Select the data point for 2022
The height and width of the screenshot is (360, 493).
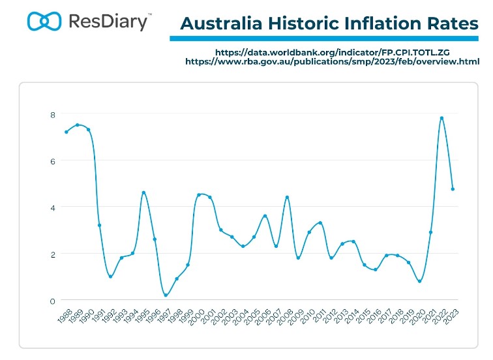441,118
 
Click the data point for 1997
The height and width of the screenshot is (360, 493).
166,295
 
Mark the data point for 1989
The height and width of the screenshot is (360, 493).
77,125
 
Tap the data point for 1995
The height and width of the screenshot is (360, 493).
143,192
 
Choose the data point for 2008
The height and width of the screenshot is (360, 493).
287,197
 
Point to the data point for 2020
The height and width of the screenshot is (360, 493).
419,281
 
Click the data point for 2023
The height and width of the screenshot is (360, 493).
453,189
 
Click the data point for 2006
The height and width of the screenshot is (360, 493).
265,216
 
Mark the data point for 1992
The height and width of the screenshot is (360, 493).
110,277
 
